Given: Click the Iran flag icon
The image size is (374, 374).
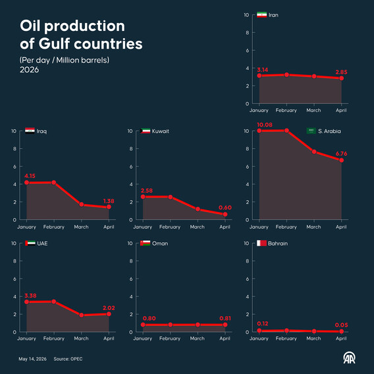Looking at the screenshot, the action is [261, 14].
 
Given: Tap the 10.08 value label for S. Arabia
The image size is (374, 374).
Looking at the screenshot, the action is [265, 124].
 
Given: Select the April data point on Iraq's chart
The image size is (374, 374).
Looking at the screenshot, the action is [109, 207].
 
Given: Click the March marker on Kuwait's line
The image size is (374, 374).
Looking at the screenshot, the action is [198, 209].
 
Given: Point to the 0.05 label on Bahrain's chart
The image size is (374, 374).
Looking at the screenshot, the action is [341, 325].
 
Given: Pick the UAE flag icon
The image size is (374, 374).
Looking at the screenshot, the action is [30, 243].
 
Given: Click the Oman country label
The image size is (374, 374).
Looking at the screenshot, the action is [160, 244].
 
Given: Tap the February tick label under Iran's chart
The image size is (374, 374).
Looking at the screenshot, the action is [286, 111].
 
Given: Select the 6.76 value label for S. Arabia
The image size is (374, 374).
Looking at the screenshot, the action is [341, 153].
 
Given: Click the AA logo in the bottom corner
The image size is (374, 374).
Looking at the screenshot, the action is [349, 358].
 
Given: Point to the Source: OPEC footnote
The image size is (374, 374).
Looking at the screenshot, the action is [68, 359].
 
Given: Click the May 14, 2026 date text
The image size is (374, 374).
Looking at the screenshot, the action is [33, 359].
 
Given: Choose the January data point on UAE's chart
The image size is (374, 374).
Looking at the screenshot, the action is [27, 302].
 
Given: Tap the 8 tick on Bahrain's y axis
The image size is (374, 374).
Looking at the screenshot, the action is [248, 261].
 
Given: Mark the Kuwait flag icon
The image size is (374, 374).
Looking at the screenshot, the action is [146, 131].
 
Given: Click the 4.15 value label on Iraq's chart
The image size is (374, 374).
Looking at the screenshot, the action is [30, 176].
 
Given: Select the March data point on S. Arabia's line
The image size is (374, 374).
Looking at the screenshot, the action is [314, 151].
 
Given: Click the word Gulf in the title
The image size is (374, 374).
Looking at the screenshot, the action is [54, 43].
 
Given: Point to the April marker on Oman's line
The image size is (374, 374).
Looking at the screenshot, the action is [225, 325].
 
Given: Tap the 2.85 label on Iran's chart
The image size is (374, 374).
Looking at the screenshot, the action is [341, 72].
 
